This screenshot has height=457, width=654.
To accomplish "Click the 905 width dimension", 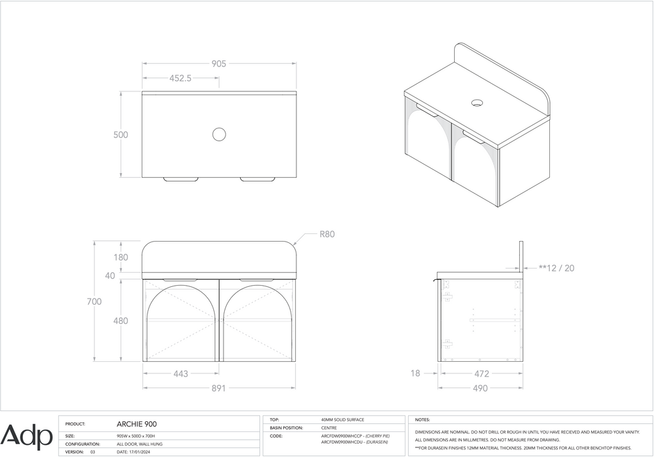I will [218, 63].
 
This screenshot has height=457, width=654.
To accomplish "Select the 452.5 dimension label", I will [180, 78].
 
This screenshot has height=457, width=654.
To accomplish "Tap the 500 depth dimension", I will [121, 135].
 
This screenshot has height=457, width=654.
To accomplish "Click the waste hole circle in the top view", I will [219, 134].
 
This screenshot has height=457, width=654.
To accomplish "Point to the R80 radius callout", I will [327, 234].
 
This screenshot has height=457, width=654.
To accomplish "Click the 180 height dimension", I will [121, 257].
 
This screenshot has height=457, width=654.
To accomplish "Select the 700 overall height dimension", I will [95, 301].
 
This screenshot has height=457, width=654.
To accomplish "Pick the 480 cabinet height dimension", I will [121, 321].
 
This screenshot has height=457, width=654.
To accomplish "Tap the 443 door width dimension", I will [181, 373].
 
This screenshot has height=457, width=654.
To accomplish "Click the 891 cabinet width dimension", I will [218, 388].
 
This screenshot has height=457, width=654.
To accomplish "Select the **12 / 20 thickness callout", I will [556, 268].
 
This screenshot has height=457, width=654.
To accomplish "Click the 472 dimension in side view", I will [480, 373].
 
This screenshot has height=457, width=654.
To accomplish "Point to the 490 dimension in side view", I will [480, 388].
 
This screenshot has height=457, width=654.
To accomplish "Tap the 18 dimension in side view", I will [415, 373].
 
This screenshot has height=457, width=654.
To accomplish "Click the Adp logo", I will [27, 437].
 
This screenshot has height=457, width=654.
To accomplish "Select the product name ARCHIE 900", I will [137, 424].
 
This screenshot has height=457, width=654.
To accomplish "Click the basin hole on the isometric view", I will [477, 102].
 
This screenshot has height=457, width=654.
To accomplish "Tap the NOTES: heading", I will [422, 420].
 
